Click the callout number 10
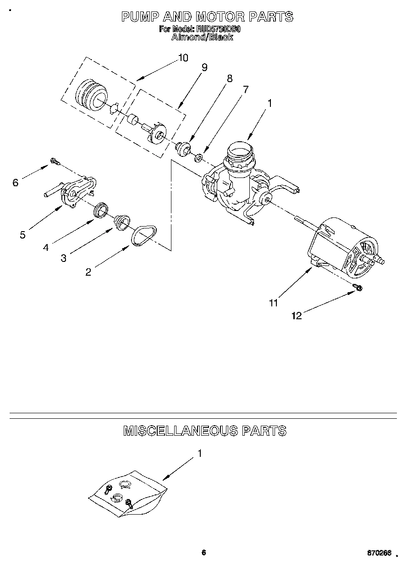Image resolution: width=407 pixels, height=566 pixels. (x=183, y=58)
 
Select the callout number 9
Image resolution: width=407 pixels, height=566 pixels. (x=204, y=67)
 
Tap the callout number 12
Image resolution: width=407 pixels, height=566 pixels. (x=297, y=316)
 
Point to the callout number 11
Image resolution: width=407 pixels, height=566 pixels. (x=273, y=303)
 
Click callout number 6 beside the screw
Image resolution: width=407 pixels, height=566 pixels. (x=16, y=183)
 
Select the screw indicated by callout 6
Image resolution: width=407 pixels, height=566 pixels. (x=55, y=161)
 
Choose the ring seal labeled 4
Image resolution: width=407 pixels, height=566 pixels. (x=101, y=210)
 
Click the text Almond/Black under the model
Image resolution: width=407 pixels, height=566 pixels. (x=202, y=37)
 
